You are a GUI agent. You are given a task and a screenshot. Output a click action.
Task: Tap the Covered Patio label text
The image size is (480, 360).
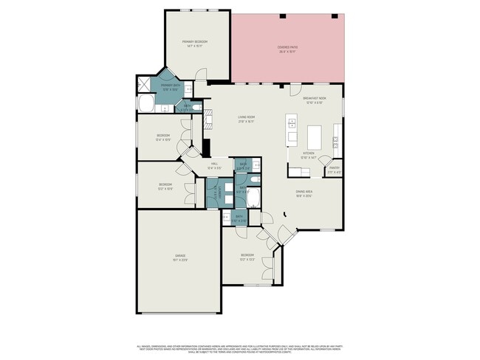287,49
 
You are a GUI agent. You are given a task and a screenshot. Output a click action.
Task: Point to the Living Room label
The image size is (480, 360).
246,119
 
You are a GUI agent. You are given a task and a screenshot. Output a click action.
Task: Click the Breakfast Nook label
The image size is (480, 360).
315,99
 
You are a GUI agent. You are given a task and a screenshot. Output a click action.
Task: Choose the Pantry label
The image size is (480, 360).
334,170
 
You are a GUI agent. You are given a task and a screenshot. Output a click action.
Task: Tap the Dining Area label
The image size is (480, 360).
304,195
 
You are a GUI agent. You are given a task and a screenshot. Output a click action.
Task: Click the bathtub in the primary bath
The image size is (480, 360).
145,103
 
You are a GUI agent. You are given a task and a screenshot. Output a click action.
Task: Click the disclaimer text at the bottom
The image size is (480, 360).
240,348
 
